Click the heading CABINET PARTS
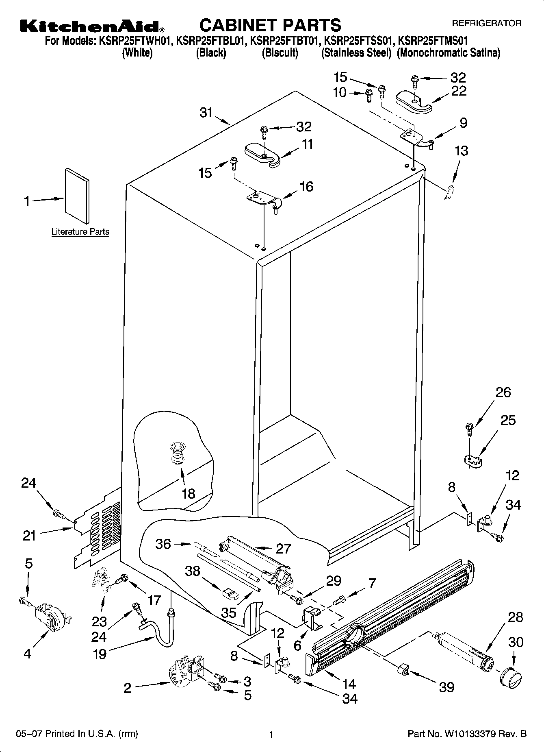point(270,25)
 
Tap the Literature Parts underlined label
point(80,232)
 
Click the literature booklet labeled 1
point(76,196)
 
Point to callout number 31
point(206,112)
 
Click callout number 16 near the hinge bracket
point(306,187)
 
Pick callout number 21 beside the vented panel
point(29,536)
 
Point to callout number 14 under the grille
point(349,683)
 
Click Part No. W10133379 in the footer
point(467,734)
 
